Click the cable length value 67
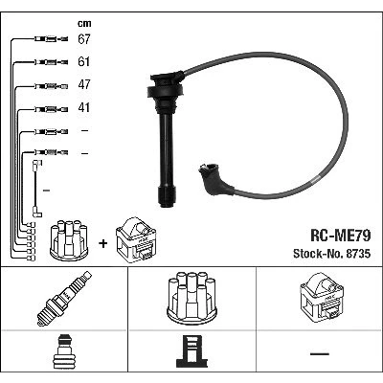[84, 39]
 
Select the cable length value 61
[83, 61]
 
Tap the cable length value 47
[84, 84]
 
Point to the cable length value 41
[83, 107]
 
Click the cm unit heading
[84, 23]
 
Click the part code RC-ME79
[341, 236]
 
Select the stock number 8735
[357, 254]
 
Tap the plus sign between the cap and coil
[103, 244]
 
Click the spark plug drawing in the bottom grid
[64, 299]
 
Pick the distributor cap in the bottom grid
[191, 298]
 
